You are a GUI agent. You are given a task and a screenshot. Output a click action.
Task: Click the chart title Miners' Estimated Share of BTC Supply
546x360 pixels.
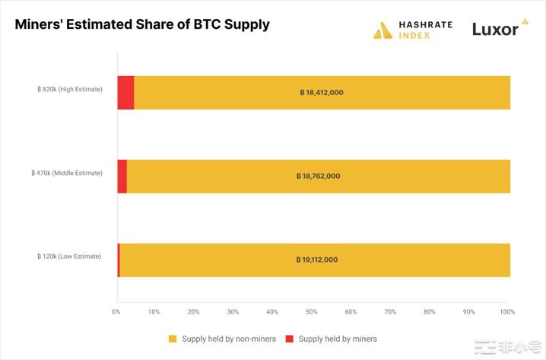point(142,24)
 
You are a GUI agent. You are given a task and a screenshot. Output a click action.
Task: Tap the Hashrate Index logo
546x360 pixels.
point(413,30)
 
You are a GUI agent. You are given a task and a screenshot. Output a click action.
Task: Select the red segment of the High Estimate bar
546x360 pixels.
point(125,92)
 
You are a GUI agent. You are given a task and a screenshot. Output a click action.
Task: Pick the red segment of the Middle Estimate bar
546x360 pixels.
point(122,176)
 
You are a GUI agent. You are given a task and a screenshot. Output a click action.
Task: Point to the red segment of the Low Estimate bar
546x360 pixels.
point(118,260)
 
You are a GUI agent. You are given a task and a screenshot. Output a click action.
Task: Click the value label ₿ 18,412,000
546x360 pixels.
point(322,92)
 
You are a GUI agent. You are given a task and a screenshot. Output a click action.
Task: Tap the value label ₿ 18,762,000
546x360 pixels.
point(318,176)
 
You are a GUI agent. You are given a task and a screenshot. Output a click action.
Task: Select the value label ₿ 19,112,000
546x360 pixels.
point(316,260)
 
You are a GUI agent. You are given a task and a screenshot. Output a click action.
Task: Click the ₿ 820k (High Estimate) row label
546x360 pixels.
point(69,90)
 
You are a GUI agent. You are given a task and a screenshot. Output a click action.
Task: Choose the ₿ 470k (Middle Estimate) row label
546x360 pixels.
point(68,174)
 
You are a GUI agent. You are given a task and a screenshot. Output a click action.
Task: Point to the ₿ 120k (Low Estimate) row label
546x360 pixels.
point(69,256)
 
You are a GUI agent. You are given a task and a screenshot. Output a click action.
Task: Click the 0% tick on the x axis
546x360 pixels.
point(116,311)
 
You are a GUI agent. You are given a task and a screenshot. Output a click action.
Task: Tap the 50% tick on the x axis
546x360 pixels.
point(311,311)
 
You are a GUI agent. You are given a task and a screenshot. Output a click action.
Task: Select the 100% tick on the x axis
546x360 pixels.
point(507,311)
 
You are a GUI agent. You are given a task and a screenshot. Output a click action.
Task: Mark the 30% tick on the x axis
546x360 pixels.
point(233,311)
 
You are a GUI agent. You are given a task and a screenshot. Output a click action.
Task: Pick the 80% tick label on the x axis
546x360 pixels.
point(429,311)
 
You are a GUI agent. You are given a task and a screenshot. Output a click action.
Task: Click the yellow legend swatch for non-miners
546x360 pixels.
point(173,339)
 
